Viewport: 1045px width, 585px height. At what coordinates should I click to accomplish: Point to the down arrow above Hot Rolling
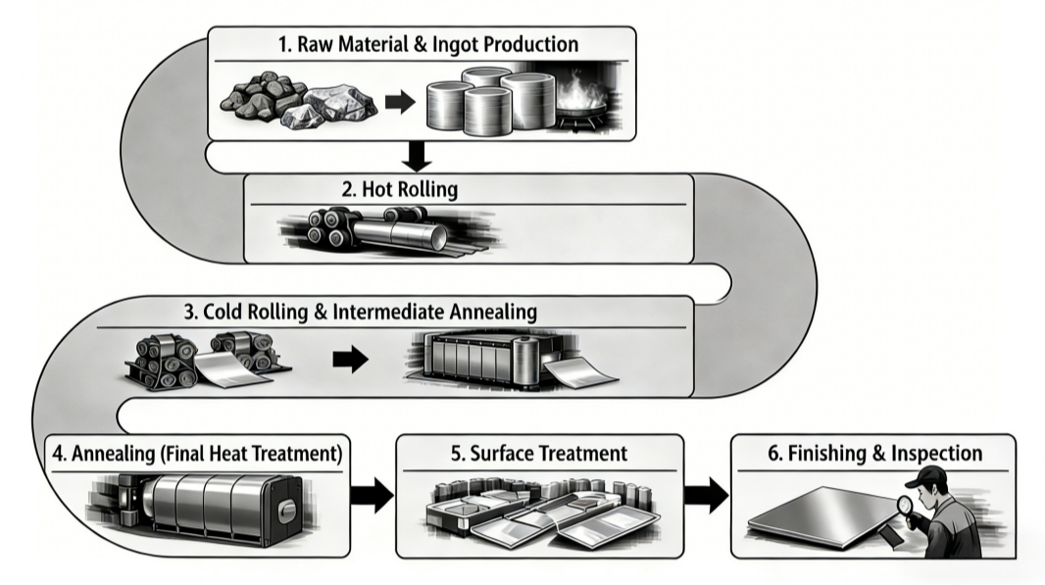[x=418, y=155]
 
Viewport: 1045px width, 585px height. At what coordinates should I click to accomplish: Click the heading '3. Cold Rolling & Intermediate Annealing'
[x=360, y=313]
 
